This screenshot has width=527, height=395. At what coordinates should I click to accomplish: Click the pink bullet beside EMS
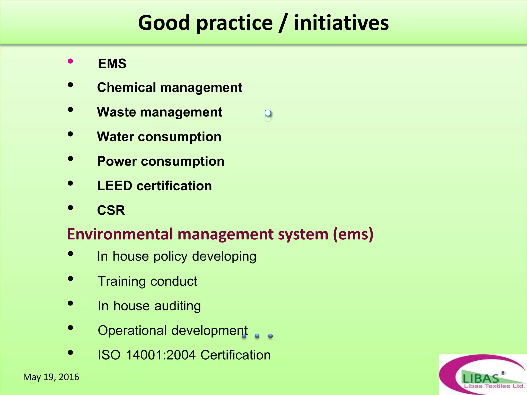tap(70, 61)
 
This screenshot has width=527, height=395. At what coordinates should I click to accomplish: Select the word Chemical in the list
tap(127, 87)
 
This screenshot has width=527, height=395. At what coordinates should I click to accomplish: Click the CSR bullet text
tap(111, 210)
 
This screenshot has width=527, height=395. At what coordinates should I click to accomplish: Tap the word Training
tap(122, 281)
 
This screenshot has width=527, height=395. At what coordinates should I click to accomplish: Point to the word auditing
tap(177, 306)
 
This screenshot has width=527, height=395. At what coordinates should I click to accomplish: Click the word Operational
tap(132, 330)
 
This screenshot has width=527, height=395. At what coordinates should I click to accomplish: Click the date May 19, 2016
tap(51, 377)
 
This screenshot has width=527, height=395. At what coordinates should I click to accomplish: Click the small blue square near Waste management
tap(268, 113)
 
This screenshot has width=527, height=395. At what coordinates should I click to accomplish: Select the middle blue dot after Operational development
tap(257, 336)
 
